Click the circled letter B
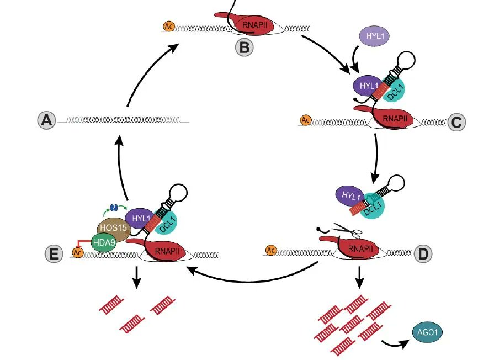[x=244, y=47]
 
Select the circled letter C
[x=456, y=121]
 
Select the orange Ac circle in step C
[x=305, y=119]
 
